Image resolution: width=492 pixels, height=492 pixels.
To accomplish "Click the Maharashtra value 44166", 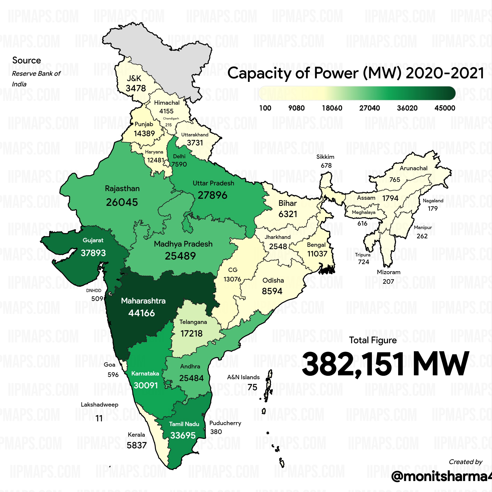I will pyautogui.click(x=141, y=313).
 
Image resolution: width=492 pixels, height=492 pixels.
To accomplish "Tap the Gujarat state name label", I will pyautogui.click(x=93, y=240).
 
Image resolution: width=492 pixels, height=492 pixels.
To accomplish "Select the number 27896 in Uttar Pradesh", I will pyautogui.click(x=212, y=195).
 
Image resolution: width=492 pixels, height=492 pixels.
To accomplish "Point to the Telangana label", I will pyautogui.click(x=193, y=322).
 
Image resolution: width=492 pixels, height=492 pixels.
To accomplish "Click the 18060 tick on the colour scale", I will pyautogui.click(x=332, y=108).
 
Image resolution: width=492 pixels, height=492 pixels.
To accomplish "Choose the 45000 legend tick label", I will pyautogui.click(x=445, y=108).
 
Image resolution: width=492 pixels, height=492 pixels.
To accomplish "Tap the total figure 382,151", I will pyautogui.click(x=353, y=364).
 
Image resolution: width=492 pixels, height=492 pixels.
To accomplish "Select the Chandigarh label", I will pyautogui.click(x=171, y=118).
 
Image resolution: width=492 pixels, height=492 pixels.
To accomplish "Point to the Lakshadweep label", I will pyautogui.click(x=100, y=405).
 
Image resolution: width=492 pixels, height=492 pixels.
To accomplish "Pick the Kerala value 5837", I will pyautogui.click(x=137, y=445).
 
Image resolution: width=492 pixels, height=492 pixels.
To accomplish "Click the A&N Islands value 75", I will pyautogui.click(x=252, y=387).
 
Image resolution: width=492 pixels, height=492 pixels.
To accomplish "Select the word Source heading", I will pyautogui.click(x=27, y=60).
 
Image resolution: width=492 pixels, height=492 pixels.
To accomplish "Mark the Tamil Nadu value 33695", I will pyautogui.click(x=183, y=436).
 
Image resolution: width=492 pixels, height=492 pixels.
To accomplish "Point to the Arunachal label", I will pyautogui.click(x=413, y=168).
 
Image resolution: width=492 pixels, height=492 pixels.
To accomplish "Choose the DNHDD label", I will pyautogui.click(x=94, y=290).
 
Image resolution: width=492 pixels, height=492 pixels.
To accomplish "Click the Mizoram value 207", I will pyautogui.click(x=388, y=281).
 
